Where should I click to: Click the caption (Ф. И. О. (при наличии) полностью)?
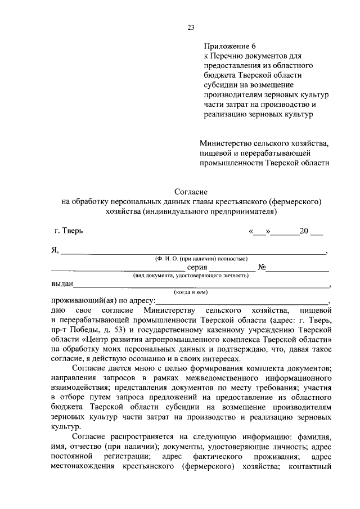coord(202,259)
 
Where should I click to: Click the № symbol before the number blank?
coord(262,268)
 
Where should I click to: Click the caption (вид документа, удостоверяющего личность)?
coord(191,276)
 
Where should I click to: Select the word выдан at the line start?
coord(61,285)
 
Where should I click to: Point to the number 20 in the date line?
coord(304,231)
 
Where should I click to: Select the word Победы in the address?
coord(87,330)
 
